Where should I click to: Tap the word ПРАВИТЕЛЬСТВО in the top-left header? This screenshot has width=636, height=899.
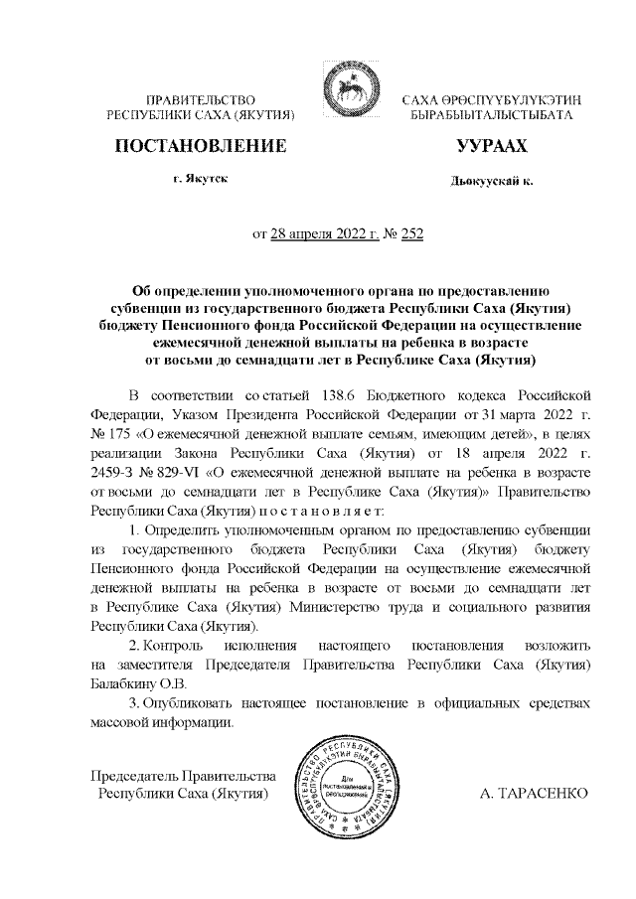202,100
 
